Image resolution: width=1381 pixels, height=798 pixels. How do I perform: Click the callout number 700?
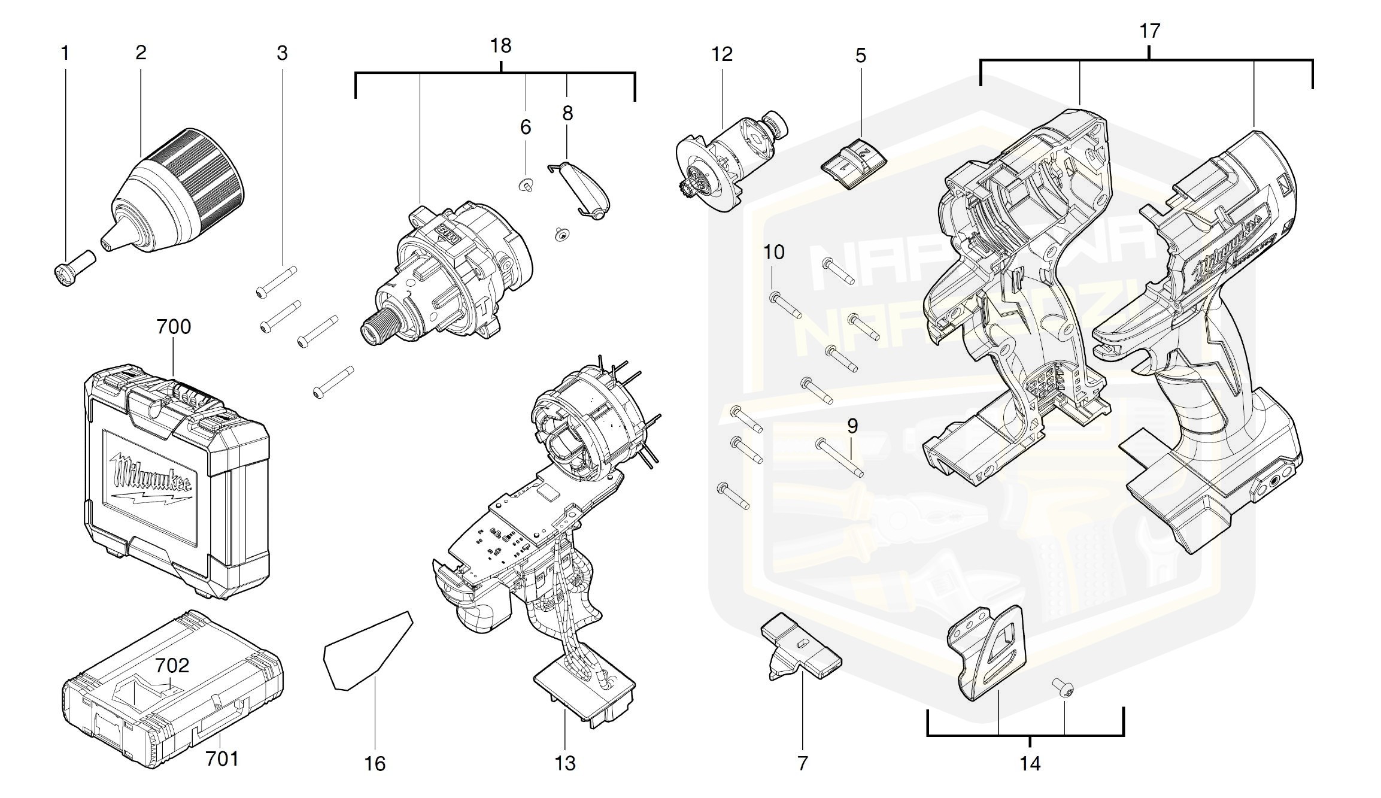(x=174, y=327)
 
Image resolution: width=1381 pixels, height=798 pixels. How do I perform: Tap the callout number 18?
(x=500, y=46)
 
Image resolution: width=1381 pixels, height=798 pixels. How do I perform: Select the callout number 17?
(x=1149, y=31)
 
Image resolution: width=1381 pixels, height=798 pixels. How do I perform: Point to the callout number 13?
(x=565, y=763)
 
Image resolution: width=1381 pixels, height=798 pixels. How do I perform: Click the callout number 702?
(x=172, y=665)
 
